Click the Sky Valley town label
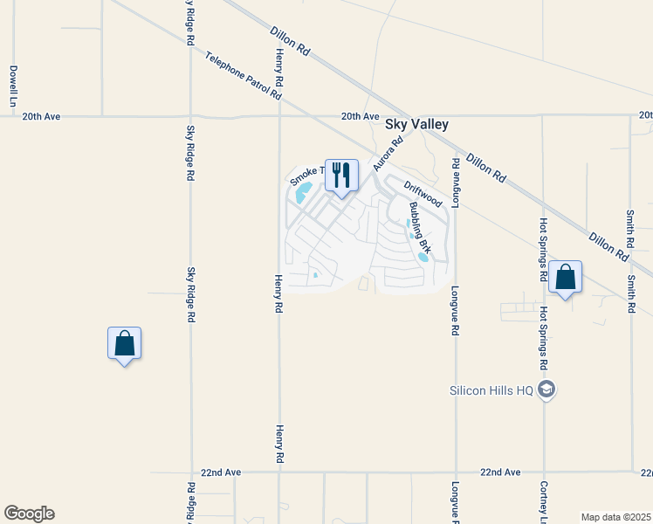(x=417, y=125)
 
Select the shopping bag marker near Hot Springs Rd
(x=566, y=278)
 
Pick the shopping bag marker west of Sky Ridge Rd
(x=124, y=343)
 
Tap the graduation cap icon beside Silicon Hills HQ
(x=546, y=389)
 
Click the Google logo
(x=29, y=514)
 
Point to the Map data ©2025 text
(x=615, y=517)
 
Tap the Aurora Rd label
(x=388, y=153)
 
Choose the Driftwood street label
(x=423, y=194)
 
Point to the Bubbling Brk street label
(x=420, y=227)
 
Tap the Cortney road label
(x=543, y=501)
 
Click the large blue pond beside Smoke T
(x=303, y=192)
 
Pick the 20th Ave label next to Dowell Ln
(x=42, y=116)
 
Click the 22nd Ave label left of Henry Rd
(x=221, y=472)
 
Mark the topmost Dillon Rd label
(x=291, y=40)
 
